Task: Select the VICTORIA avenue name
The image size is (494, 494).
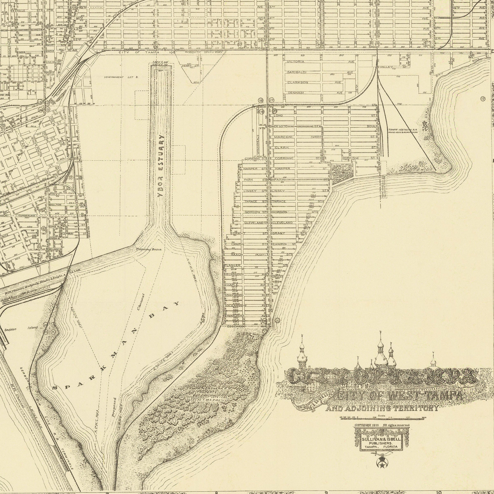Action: (296, 62)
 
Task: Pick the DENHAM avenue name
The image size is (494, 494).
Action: (296, 93)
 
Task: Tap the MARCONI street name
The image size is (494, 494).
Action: (283, 137)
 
